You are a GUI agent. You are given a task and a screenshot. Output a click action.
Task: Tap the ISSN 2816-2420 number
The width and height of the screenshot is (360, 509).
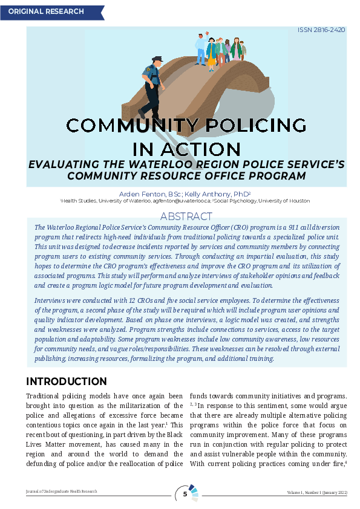pos(321,30)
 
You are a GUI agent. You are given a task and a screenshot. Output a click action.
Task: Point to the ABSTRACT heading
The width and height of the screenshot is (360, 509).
pos(186,216)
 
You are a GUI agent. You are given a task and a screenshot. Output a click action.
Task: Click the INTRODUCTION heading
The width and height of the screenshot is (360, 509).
pos(66,381)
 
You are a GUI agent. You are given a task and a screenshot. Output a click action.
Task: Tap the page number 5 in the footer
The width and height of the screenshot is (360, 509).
pos(185,494)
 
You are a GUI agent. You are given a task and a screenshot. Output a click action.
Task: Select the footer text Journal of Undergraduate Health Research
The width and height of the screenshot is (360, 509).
pos(61,492)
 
